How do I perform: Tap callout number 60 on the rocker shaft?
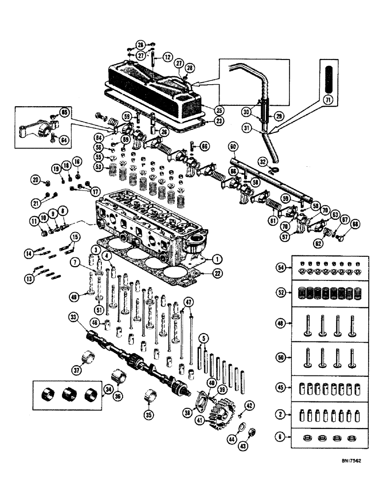click(x=233, y=146)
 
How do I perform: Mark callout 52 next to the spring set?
click(x=281, y=292)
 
